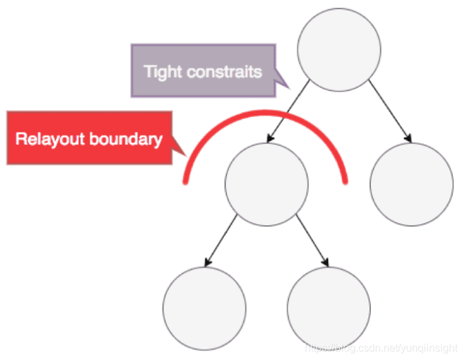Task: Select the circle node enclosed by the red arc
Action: (x=266, y=184)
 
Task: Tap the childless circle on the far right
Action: (x=411, y=184)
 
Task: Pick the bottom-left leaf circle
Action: (x=204, y=308)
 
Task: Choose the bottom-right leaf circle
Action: (x=329, y=308)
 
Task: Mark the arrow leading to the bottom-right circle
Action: (x=313, y=240)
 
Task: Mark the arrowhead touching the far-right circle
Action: (x=409, y=139)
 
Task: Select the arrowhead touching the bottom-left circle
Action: (x=209, y=263)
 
